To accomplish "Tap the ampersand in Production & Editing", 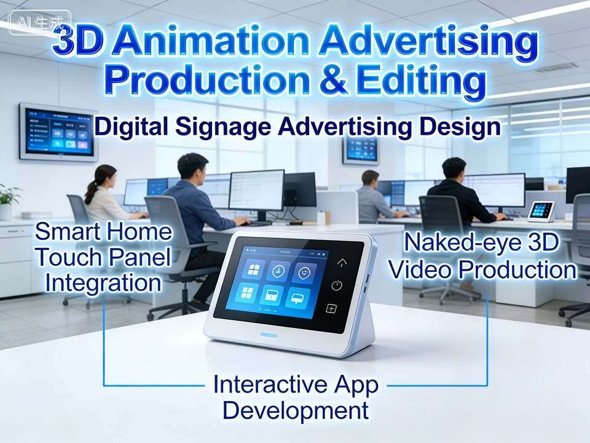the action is tap(333, 79).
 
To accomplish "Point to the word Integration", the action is tap(103, 283).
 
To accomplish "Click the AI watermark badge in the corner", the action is tap(40, 23).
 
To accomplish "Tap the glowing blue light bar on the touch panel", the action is tap(269, 335).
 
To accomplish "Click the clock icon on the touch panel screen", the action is tap(279, 271).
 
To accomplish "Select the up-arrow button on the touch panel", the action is tap(342, 263).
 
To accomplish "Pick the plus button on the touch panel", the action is tap(331, 309).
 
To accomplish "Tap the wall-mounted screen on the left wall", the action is tap(59, 132).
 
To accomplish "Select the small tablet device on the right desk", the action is tap(541, 212).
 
